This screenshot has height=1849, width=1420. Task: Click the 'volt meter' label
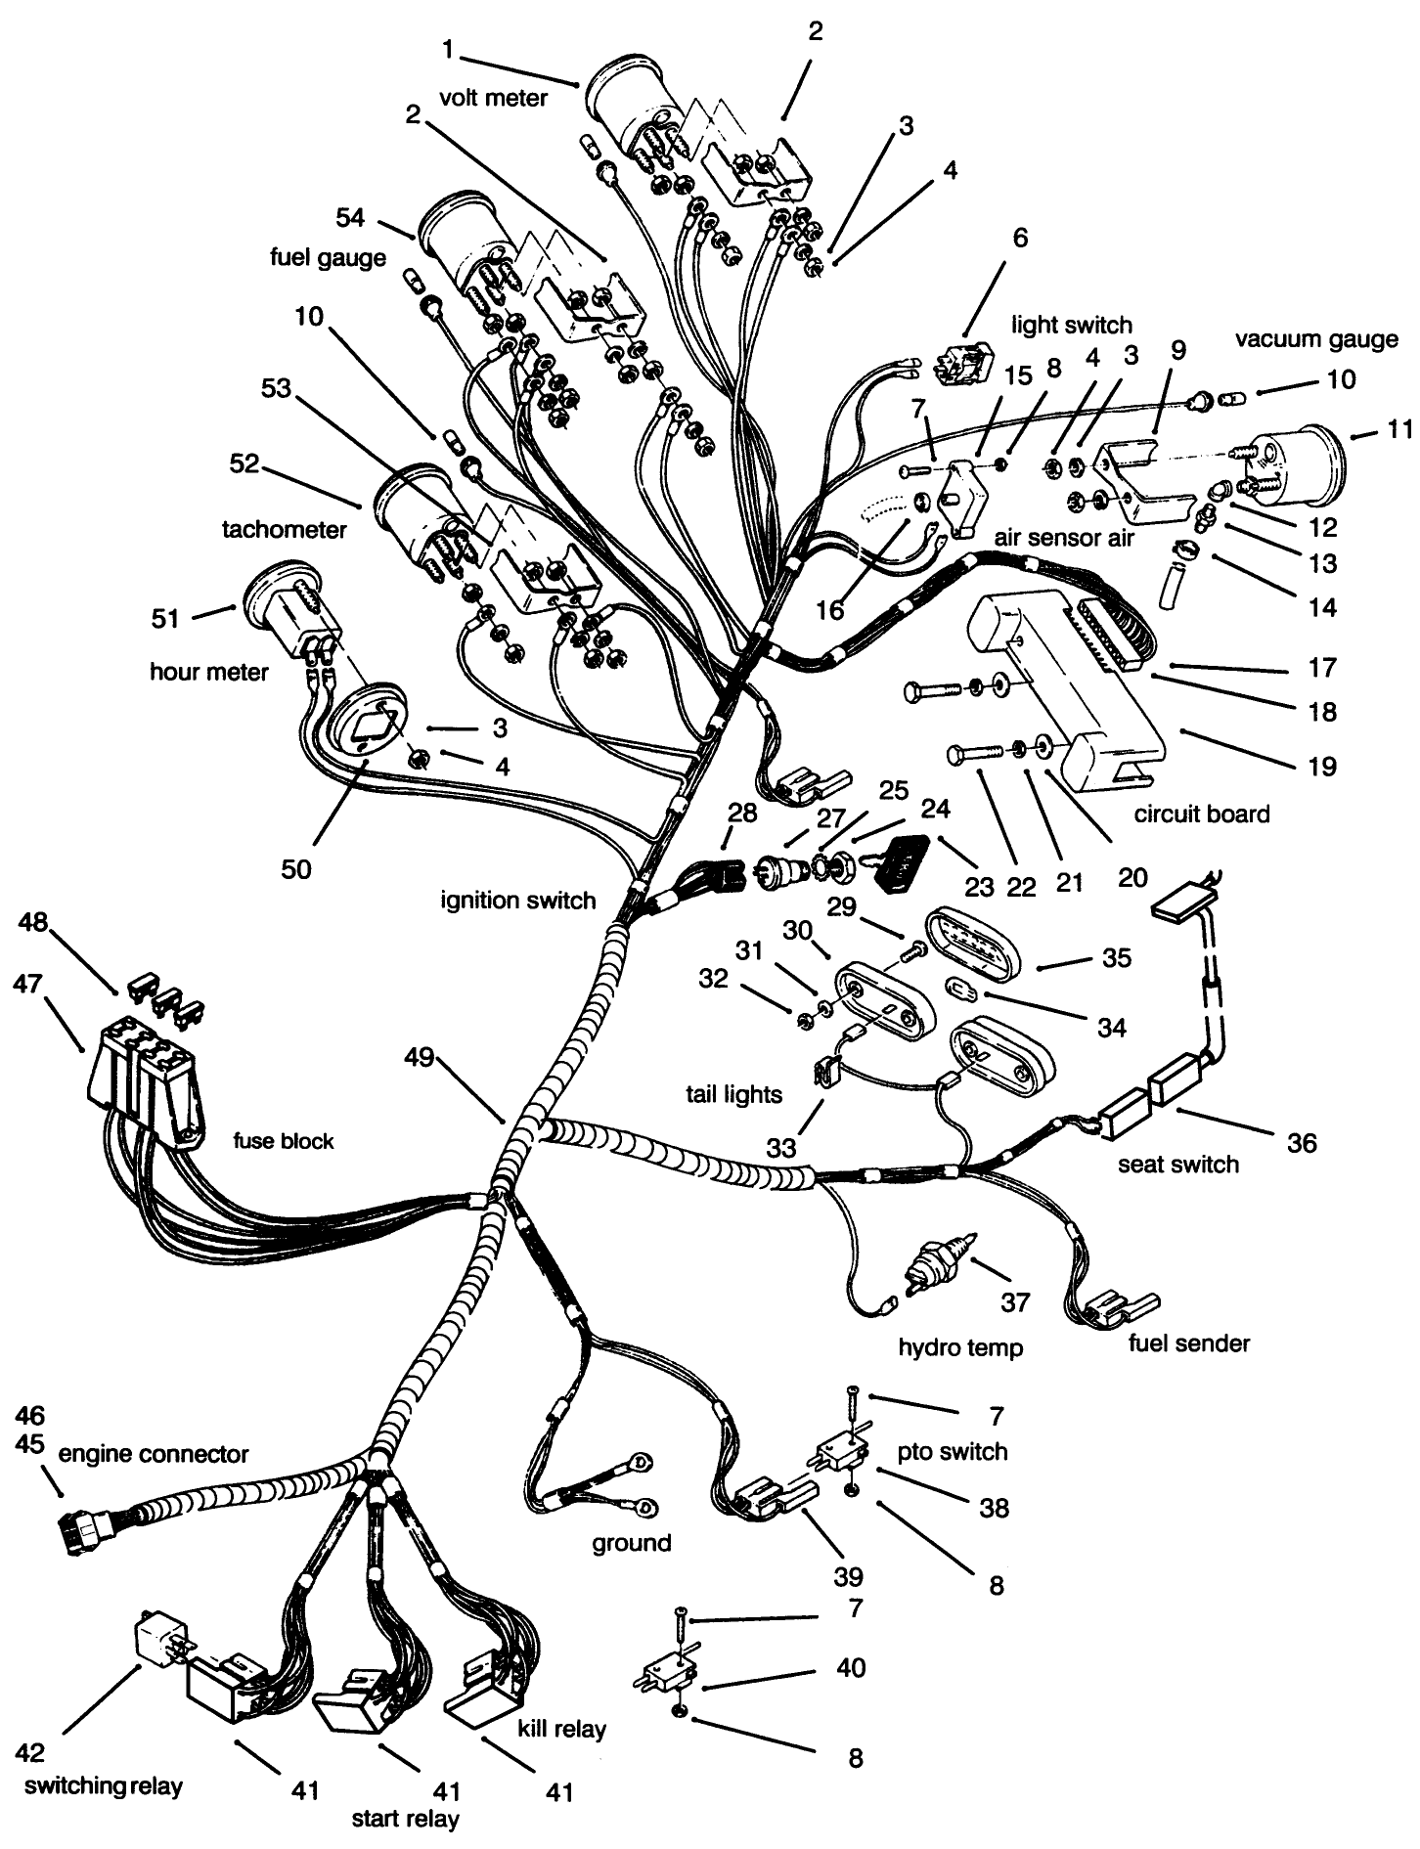coord(493,98)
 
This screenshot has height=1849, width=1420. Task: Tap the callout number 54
coord(349,216)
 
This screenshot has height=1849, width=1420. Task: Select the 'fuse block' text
coord(284,1140)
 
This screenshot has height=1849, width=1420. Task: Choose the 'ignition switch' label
coord(518,900)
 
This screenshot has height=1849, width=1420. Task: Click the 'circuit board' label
coord(1202,814)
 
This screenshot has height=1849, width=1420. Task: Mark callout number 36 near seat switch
coord(1302,1142)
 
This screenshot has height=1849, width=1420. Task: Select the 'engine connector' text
coord(154,1454)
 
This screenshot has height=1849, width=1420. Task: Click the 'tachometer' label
coord(285,530)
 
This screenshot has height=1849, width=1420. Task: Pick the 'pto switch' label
coord(953,1450)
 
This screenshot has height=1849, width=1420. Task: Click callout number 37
coord(1015,1301)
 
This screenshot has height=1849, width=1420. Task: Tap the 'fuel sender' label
coord(1189,1343)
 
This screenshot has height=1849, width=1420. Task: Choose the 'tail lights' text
coord(734,1094)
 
